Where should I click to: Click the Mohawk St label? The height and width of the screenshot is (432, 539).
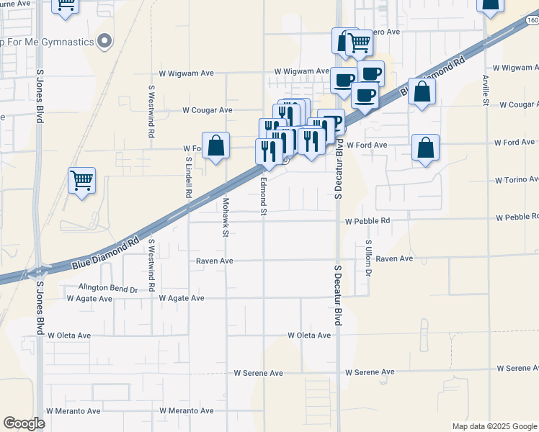click(x=226, y=218)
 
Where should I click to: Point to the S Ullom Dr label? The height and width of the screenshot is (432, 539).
click(x=367, y=259)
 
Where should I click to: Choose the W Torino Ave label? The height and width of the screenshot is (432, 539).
click(x=516, y=180)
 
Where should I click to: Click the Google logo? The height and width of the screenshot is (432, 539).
click(x=24, y=423)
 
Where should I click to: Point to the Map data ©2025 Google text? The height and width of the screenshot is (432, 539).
click(x=494, y=426)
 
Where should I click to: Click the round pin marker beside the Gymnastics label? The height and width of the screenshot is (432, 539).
click(x=106, y=41)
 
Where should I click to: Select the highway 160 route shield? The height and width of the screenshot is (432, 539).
click(x=532, y=21)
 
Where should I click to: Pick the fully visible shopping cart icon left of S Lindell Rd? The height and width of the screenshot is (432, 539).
click(x=81, y=181)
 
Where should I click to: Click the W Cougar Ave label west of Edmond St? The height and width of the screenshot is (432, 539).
click(x=207, y=110)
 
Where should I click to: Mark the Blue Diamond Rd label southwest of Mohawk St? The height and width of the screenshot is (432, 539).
click(x=105, y=256)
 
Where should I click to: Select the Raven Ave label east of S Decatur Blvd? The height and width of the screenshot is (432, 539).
click(x=394, y=258)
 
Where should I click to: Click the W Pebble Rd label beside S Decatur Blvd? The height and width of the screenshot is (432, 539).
click(x=367, y=220)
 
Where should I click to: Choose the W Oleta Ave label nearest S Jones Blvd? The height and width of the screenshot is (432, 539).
click(x=69, y=336)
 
